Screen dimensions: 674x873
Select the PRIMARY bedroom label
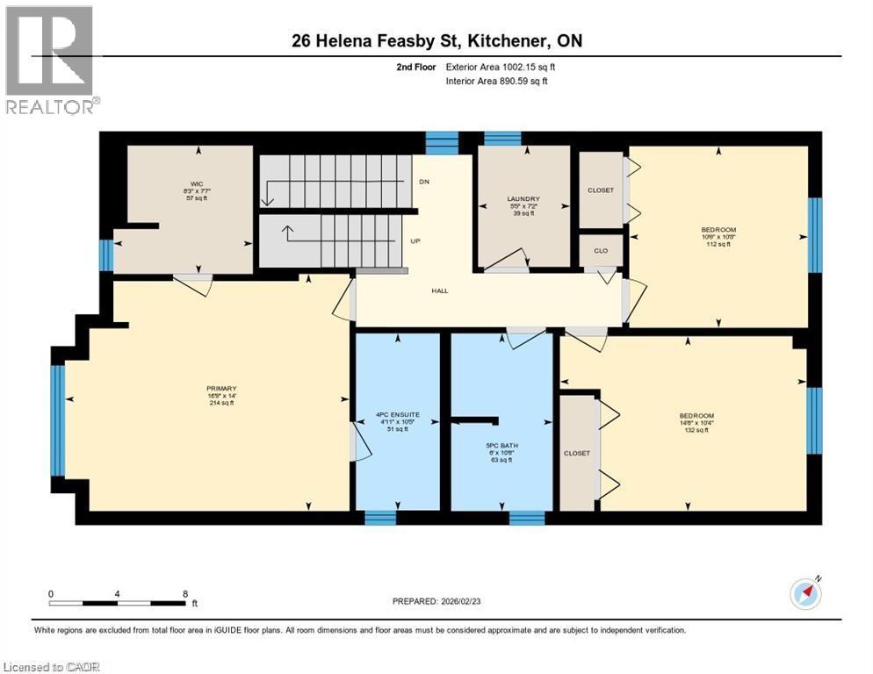[222, 389]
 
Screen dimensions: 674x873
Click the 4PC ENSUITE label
[398, 414]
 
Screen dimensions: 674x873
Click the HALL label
[439, 290]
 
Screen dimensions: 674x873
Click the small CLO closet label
[601, 250]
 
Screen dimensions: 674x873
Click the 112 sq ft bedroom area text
[718, 245]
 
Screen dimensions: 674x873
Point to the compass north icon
[804, 593]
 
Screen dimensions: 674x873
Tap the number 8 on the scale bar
[185, 593]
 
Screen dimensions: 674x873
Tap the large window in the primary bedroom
[58, 419]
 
